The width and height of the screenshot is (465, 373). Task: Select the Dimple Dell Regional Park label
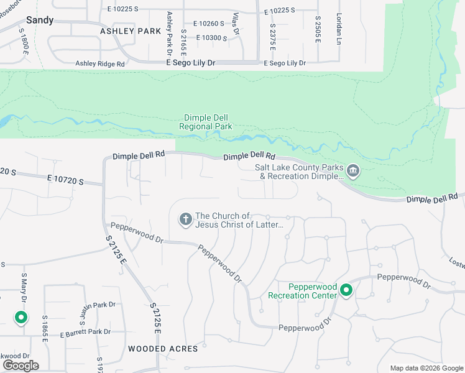point(206,122)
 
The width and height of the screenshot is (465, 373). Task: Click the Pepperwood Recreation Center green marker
point(346,290)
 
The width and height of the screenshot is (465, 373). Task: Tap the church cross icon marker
point(185,219)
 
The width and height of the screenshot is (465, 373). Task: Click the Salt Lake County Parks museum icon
point(353,170)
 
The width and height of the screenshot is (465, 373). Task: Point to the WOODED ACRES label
point(163,349)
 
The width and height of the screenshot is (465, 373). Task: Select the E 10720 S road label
point(65,181)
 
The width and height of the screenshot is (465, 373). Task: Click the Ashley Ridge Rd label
point(100,63)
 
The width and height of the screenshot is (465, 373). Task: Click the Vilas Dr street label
point(236,22)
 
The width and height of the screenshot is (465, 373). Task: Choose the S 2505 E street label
point(317,30)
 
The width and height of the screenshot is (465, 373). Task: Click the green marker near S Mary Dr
point(21,318)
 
